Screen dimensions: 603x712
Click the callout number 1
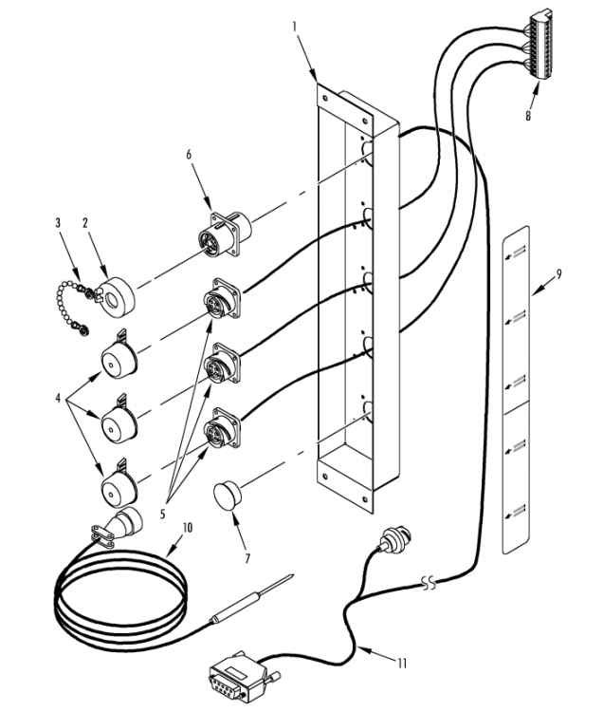click(x=294, y=27)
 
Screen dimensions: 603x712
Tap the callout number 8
click(x=528, y=116)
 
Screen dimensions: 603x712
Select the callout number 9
click(x=559, y=274)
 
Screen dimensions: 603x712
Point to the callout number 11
click(x=402, y=664)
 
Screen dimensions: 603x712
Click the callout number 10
click(x=187, y=527)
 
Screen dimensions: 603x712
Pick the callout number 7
click(x=247, y=558)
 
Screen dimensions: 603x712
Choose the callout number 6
click(x=189, y=155)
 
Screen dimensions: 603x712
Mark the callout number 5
click(x=162, y=514)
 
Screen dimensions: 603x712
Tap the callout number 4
click(x=58, y=399)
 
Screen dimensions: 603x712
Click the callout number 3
click(x=58, y=222)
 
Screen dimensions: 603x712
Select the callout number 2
click(x=84, y=222)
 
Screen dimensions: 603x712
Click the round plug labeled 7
click(x=228, y=495)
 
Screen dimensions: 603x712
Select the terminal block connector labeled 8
click(x=540, y=45)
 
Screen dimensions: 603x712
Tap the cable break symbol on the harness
click(x=429, y=582)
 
